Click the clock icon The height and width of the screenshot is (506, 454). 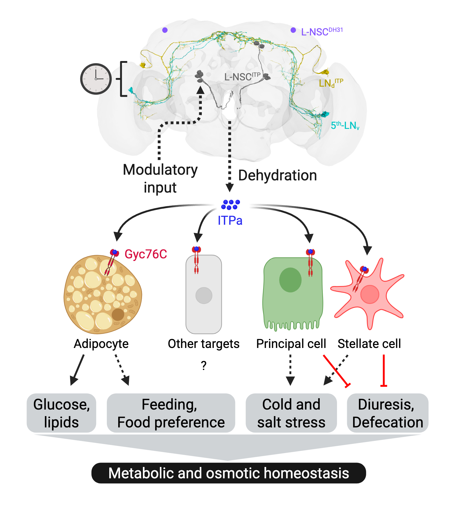[96, 79]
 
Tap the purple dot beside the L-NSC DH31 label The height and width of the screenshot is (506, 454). [293, 30]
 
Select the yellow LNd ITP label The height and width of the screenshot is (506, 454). [330, 83]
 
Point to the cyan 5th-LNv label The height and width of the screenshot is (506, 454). [345, 126]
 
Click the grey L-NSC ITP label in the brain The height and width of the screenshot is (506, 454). [242, 77]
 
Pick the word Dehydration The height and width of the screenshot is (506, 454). [277, 175]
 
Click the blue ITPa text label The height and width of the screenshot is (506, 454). [230, 221]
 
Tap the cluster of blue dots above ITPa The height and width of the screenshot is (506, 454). [230, 204]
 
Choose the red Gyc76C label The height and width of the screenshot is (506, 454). [146, 254]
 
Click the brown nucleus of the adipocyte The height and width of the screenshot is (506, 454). [118, 314]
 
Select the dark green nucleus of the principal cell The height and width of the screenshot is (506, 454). [290, 280]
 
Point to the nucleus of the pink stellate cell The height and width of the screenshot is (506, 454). [369, 294]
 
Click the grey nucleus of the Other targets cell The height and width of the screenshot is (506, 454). [204, 295]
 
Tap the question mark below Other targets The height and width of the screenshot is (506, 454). [204, 366]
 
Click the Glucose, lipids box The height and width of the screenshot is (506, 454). [61, 413]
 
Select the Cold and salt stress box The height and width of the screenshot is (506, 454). [291, 413]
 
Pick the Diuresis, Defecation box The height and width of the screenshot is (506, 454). [388, 413]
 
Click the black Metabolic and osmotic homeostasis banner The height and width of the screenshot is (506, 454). [229, 473]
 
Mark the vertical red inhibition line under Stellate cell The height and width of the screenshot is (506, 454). [384, 371]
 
